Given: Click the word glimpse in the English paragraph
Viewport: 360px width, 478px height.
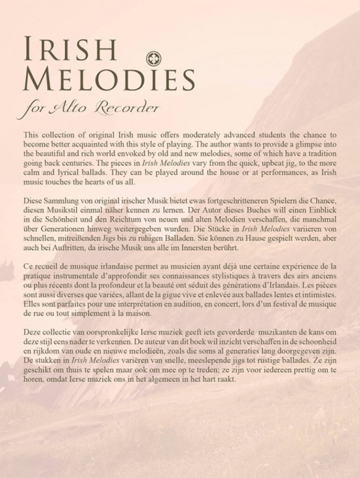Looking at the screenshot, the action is (x=303, y=143).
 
